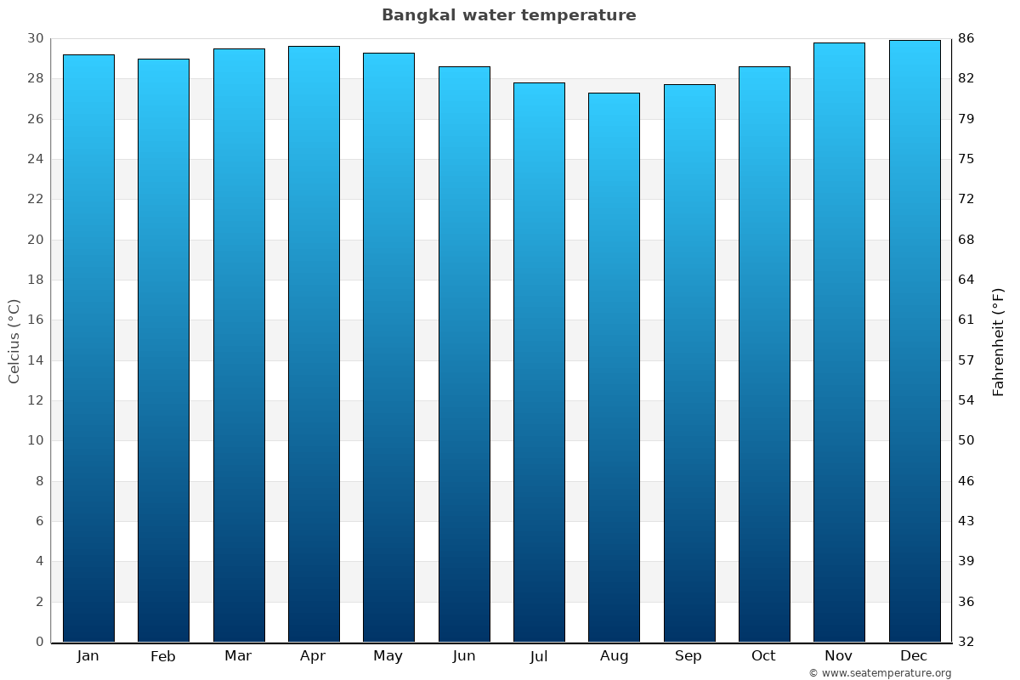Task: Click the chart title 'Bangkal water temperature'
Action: click(508, 15)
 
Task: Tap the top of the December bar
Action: click(915, 41)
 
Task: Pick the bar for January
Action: click(88, 348)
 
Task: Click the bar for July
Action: click(539, 362)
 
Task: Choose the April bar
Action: click(314, 344)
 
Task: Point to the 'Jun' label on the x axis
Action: click(464, 656)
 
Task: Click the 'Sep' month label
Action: click(688, 656)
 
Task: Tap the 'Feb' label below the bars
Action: click(163, 656)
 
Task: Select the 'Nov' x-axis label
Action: click(839, 656)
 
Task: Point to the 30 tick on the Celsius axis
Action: click(35, 39)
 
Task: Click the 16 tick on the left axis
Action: click(35, 320)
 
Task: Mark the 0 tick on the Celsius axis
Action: click(39, 642)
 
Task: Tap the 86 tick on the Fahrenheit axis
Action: click(966, 39)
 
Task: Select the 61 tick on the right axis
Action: click(966, 320)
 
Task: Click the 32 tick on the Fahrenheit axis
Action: click(966, 642)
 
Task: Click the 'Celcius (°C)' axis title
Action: click(14, 341)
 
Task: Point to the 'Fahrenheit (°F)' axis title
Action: click(999, 341)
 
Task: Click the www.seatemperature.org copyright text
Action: click(880, 673)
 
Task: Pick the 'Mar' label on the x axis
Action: click(238, 656)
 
